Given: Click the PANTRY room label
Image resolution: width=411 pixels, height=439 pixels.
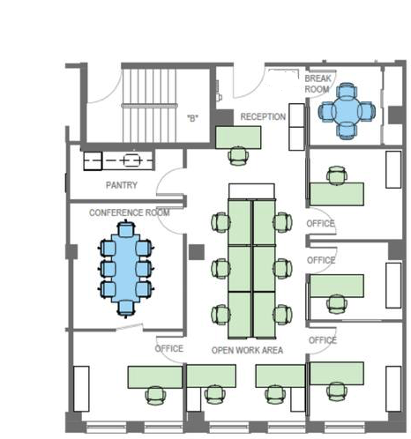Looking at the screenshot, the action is (x=122, y=185).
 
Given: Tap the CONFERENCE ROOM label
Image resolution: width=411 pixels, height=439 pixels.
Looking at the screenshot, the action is (x=130, y=212).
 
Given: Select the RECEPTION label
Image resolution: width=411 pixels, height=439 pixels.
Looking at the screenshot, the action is (x=263, y=116).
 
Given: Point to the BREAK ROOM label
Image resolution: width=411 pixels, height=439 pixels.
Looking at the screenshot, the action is (x=318, y=84).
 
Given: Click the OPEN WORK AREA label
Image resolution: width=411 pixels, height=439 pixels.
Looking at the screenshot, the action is (x=247, y=350).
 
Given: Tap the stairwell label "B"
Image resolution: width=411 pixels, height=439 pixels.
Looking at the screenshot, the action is (x=192, y=118).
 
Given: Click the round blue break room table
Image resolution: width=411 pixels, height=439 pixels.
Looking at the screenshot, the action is (x=347, y=111).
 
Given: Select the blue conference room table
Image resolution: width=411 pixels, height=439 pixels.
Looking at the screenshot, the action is (x=125, y=268).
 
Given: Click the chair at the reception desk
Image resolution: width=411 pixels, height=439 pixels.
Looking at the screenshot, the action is (x=238, y=156).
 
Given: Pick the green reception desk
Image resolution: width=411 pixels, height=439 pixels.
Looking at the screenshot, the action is (x=238, y=138).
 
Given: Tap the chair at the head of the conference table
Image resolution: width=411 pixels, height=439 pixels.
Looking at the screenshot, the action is (x=126, y=228).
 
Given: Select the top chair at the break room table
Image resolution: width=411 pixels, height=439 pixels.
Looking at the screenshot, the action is (x=347, y=91).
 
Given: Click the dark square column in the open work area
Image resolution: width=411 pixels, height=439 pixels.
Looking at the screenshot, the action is (x=197, y=252).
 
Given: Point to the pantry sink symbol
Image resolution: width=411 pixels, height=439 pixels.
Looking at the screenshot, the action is (x=131, y=160).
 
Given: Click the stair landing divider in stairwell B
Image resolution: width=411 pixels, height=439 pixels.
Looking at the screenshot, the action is (x=149, y=106).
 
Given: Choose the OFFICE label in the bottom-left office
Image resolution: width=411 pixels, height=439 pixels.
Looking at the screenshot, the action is (x=169, y=348).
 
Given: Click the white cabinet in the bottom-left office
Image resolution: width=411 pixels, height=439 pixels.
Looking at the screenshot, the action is (x=81, y=389).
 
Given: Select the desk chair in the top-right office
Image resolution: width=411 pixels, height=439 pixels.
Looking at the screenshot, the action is (x=337, y=175).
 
